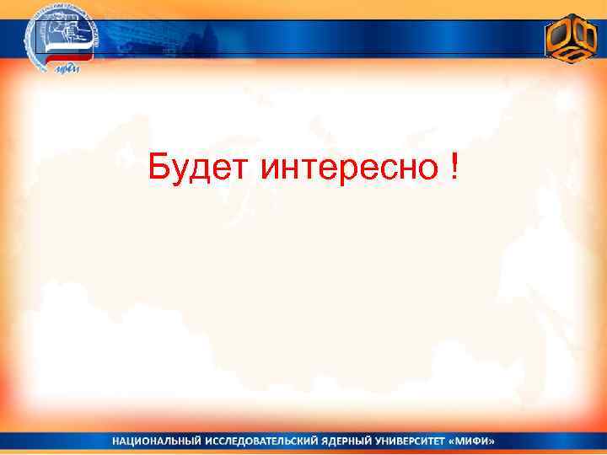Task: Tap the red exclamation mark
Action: pyautogui.click(x=455, y=166)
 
